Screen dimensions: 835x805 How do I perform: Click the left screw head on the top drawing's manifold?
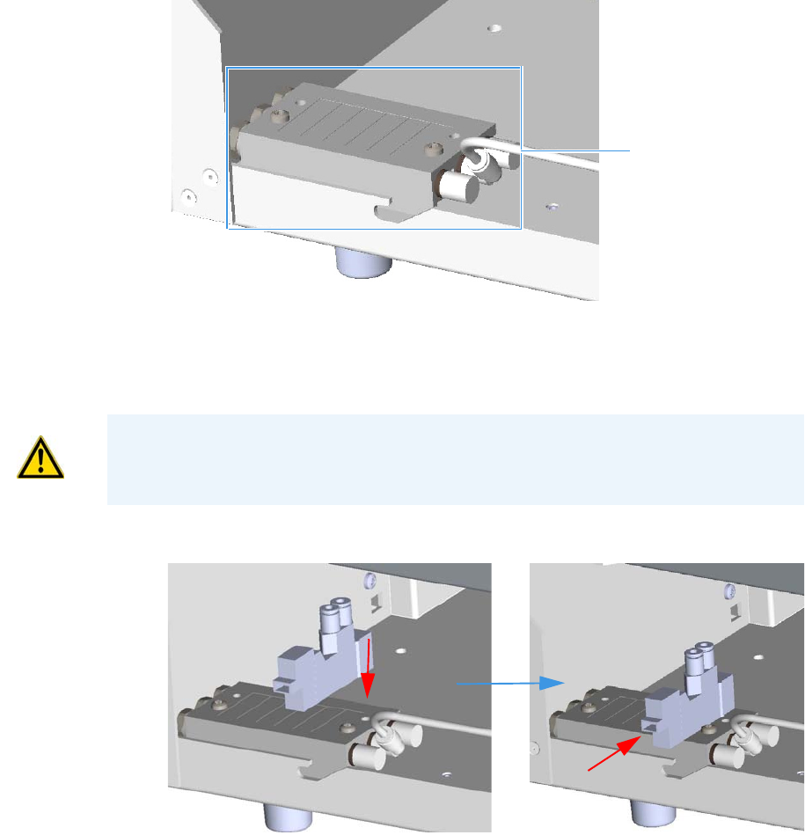279,114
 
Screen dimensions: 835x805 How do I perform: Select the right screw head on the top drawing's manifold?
431,150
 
